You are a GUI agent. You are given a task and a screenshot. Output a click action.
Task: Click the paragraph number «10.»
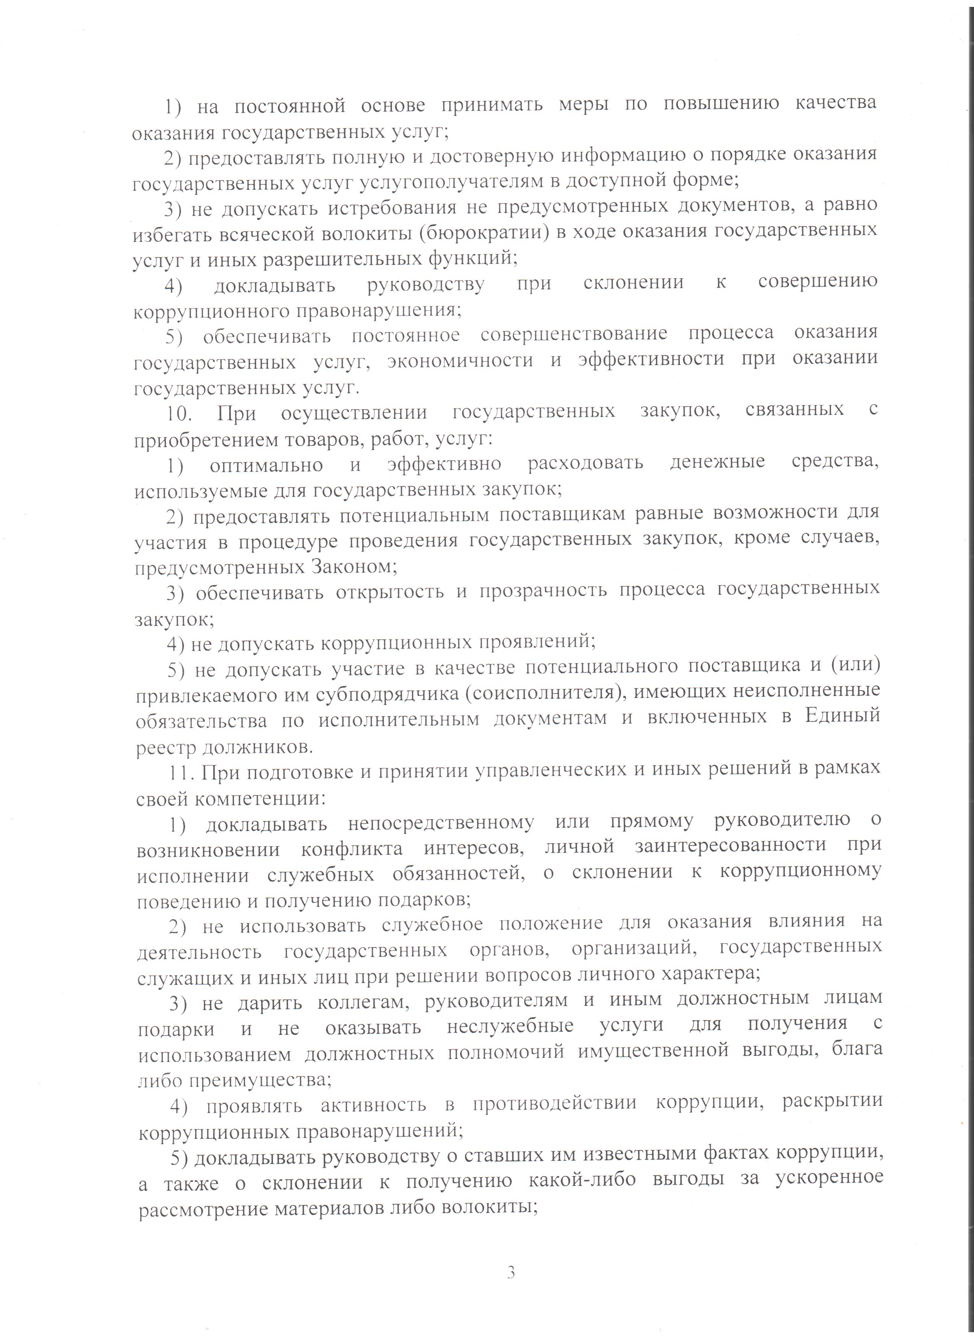point(178,413)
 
